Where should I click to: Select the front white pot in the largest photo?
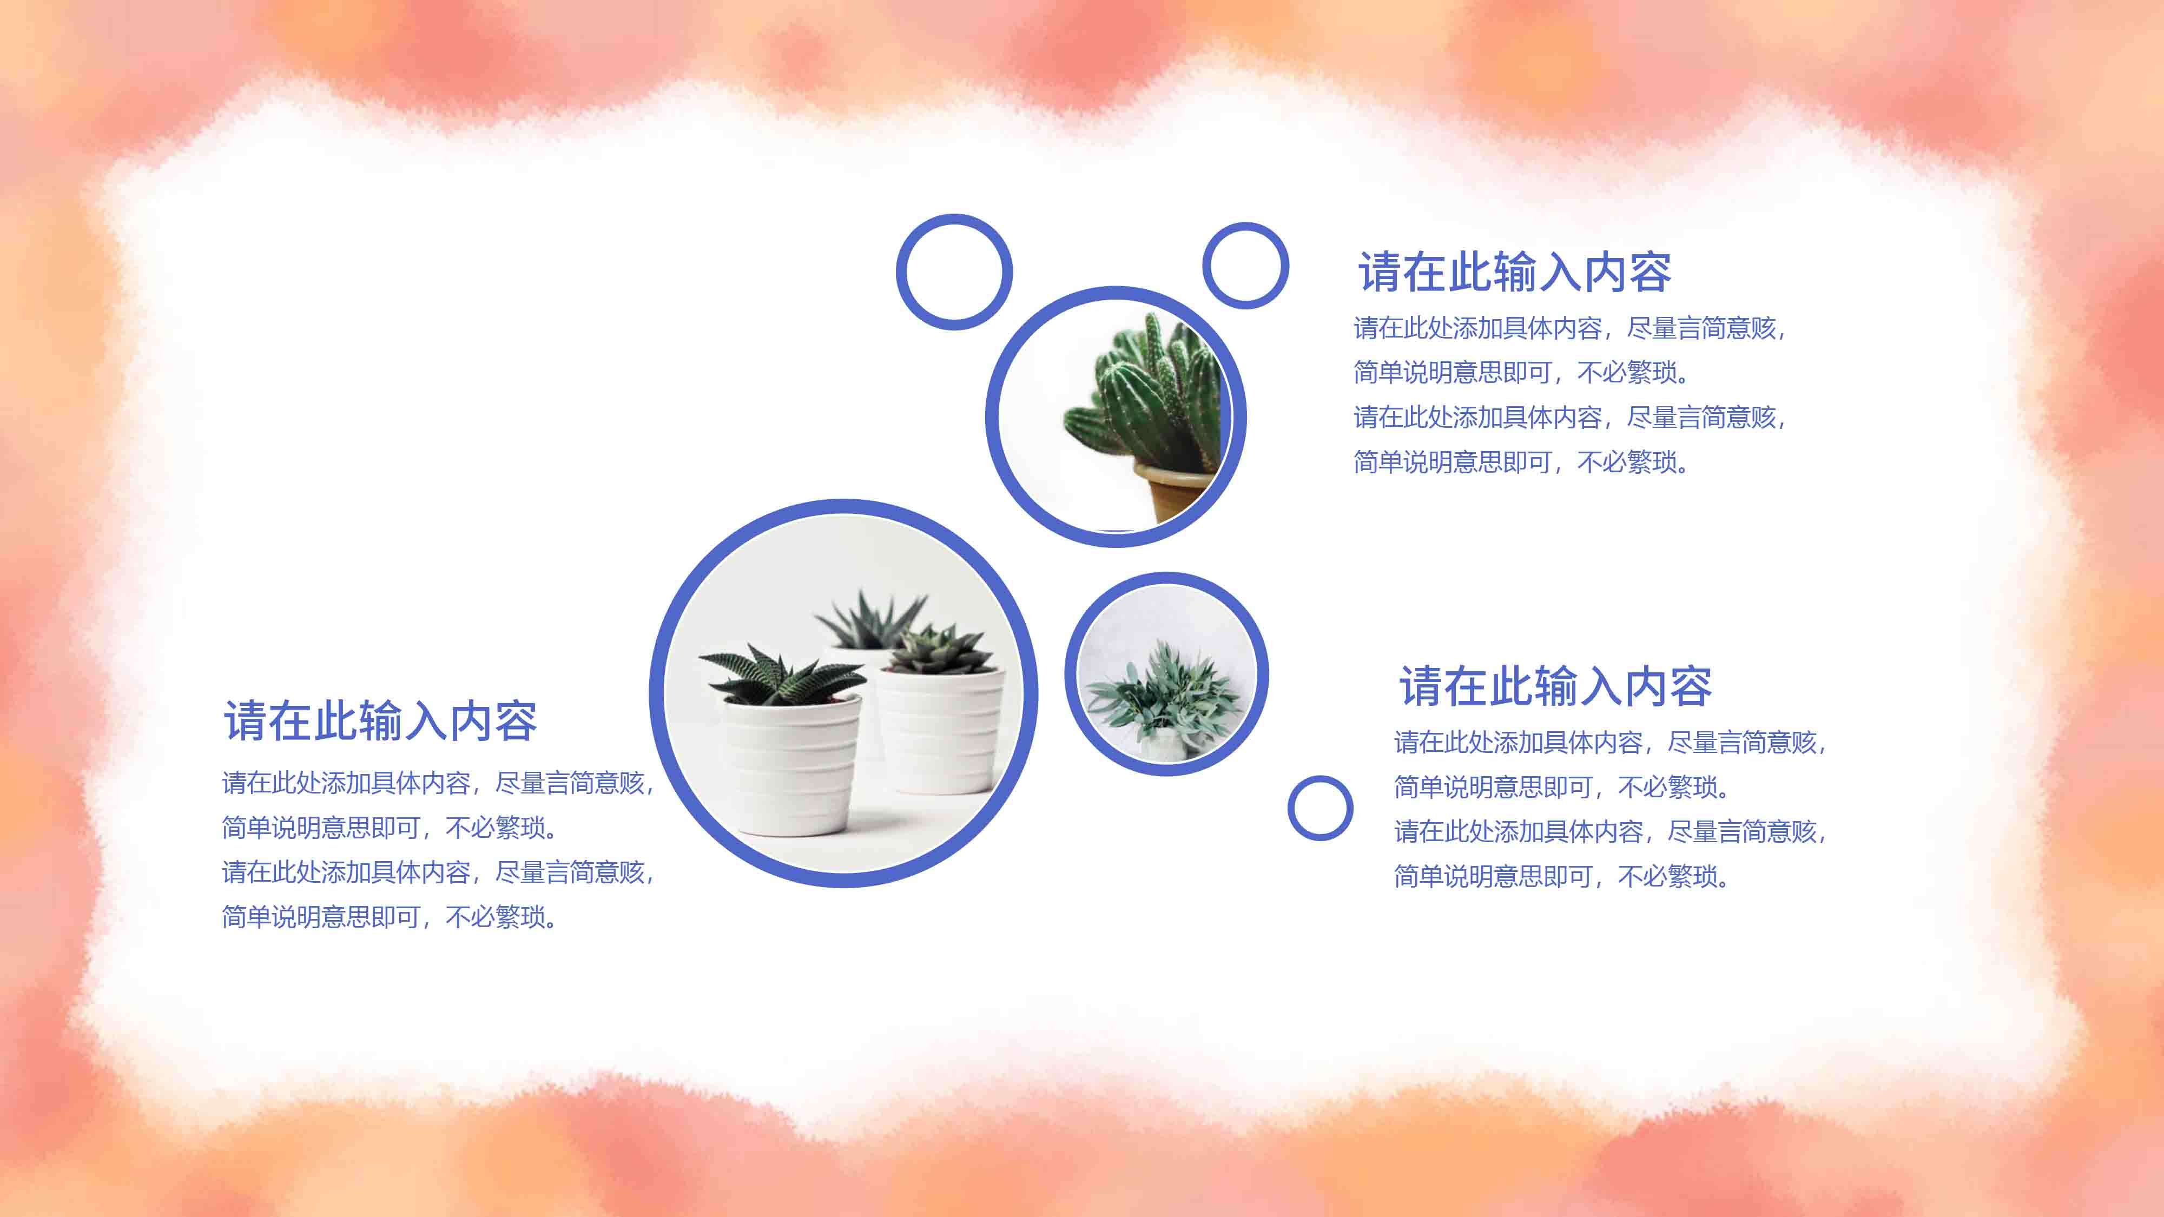point(791,764)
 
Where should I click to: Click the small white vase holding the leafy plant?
point(1166,744)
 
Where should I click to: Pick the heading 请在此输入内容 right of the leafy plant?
point(1555,686)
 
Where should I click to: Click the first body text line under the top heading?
point(1569,328)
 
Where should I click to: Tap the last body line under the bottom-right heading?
point(1562,876)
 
